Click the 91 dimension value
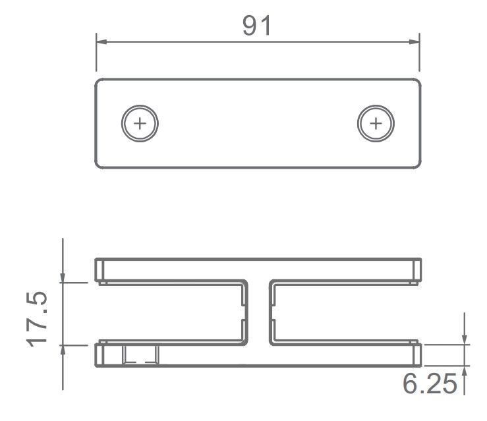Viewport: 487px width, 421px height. [257, 25]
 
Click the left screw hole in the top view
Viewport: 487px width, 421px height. [140, 123]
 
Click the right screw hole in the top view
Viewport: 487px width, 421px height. [376, 123]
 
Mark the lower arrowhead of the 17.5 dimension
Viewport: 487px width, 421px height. [63, 349]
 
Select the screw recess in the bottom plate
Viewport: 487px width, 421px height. [141, 355]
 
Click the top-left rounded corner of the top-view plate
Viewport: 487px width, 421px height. [99, 82]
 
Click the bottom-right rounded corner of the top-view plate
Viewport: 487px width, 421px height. [417, 165]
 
